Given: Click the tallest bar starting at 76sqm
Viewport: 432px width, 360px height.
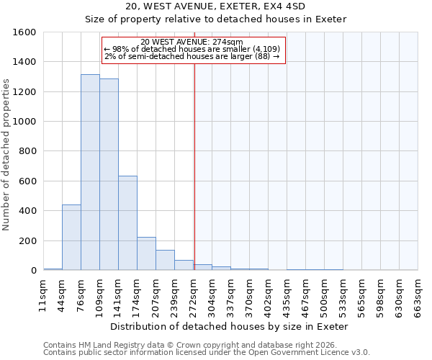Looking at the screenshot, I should pyautogui.click(x=90, y=172).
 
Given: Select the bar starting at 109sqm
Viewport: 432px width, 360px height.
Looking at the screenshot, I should pyautogui.click(x=109, y=174).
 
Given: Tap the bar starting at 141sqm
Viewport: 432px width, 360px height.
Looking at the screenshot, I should pyautogui.click(x=127, y=222).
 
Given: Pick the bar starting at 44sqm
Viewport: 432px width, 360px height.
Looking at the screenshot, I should pyautogui.click(x=71, y=238).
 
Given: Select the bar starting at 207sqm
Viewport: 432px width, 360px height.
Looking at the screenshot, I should pyautogui.click(x=165, y=260).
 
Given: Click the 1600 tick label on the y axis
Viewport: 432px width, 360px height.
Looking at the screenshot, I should pyautogui.click(x=24, y=32).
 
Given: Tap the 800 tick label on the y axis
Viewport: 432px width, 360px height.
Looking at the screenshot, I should pyautogui.click(x=27, y=152).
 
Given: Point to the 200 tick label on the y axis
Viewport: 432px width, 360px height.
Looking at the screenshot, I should pyautogui.click(x=27, y=241).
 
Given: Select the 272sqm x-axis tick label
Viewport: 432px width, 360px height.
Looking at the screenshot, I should pyautogui.click(x=194, y=294).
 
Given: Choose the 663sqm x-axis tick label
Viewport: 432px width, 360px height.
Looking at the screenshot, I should pyautogui.click(x=418, y=294).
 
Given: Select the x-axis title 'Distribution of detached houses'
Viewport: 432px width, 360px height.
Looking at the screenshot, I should pyautogui.click(x=230, y=326).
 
